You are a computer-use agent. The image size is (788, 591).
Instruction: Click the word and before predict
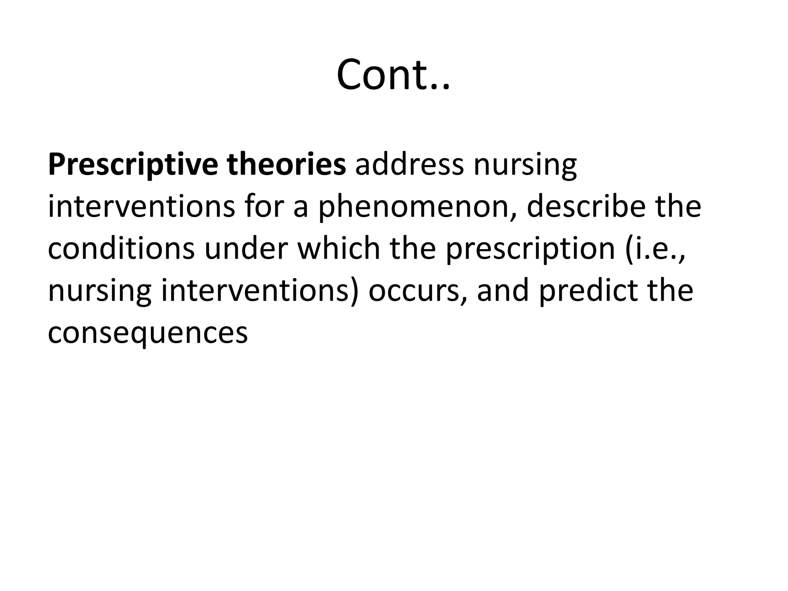coord(503,290)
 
